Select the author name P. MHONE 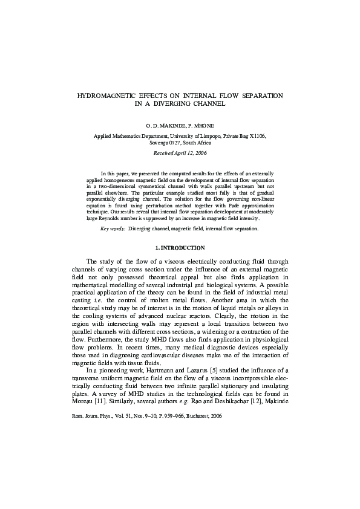coord(200,126)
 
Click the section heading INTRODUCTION coord(183,248)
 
